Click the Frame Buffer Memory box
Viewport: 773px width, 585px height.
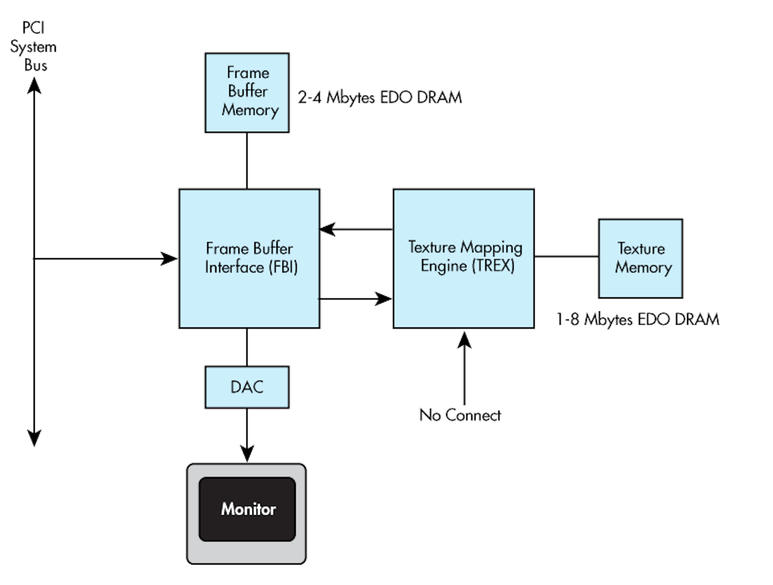[247, 92]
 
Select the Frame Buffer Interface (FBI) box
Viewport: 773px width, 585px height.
[250, 258]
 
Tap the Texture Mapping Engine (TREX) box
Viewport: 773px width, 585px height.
[464, 258]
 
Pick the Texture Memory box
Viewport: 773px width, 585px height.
[640, 258]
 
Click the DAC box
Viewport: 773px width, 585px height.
[247, 387]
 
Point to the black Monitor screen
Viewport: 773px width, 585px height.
[247, 509]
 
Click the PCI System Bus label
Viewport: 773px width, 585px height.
[33, 47]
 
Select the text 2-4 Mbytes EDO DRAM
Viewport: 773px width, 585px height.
[380, 98]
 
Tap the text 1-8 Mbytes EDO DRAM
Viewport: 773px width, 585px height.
[637, 319]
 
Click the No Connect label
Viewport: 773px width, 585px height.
[460, 415]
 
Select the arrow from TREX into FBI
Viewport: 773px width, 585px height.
[356, 229]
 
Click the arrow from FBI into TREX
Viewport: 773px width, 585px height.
[356, 298]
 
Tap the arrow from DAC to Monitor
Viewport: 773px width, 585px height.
[247, 435]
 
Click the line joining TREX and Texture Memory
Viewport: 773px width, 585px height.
[566, 257]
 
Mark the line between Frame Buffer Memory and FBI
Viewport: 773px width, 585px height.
[247, 160]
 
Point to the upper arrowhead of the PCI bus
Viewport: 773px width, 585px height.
[34, 86]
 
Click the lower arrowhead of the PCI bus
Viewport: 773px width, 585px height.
[34, 437]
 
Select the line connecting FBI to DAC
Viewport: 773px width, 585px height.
[247, 347]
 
